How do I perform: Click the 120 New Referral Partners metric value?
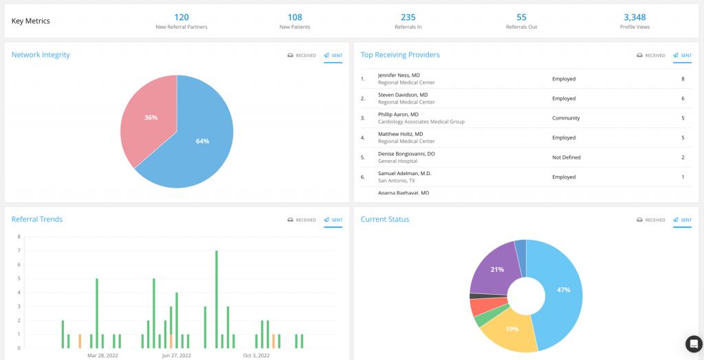point(181,17)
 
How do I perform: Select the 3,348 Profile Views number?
point(635,17)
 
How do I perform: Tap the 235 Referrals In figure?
point(408,17)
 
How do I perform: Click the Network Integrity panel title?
point(41,55)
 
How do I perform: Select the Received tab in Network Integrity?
point(302,56)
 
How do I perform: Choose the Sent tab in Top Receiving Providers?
point(681,56)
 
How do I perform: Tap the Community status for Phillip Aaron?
point(566,118)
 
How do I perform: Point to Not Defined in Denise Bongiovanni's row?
point(566,157)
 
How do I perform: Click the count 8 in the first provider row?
point(682,79)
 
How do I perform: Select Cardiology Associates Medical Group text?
point(421,122)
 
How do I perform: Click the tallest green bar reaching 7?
point(217,299)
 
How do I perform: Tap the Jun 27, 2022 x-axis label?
point(177,356)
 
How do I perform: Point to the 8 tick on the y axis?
point(19,236)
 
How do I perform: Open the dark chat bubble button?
point(694,344)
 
